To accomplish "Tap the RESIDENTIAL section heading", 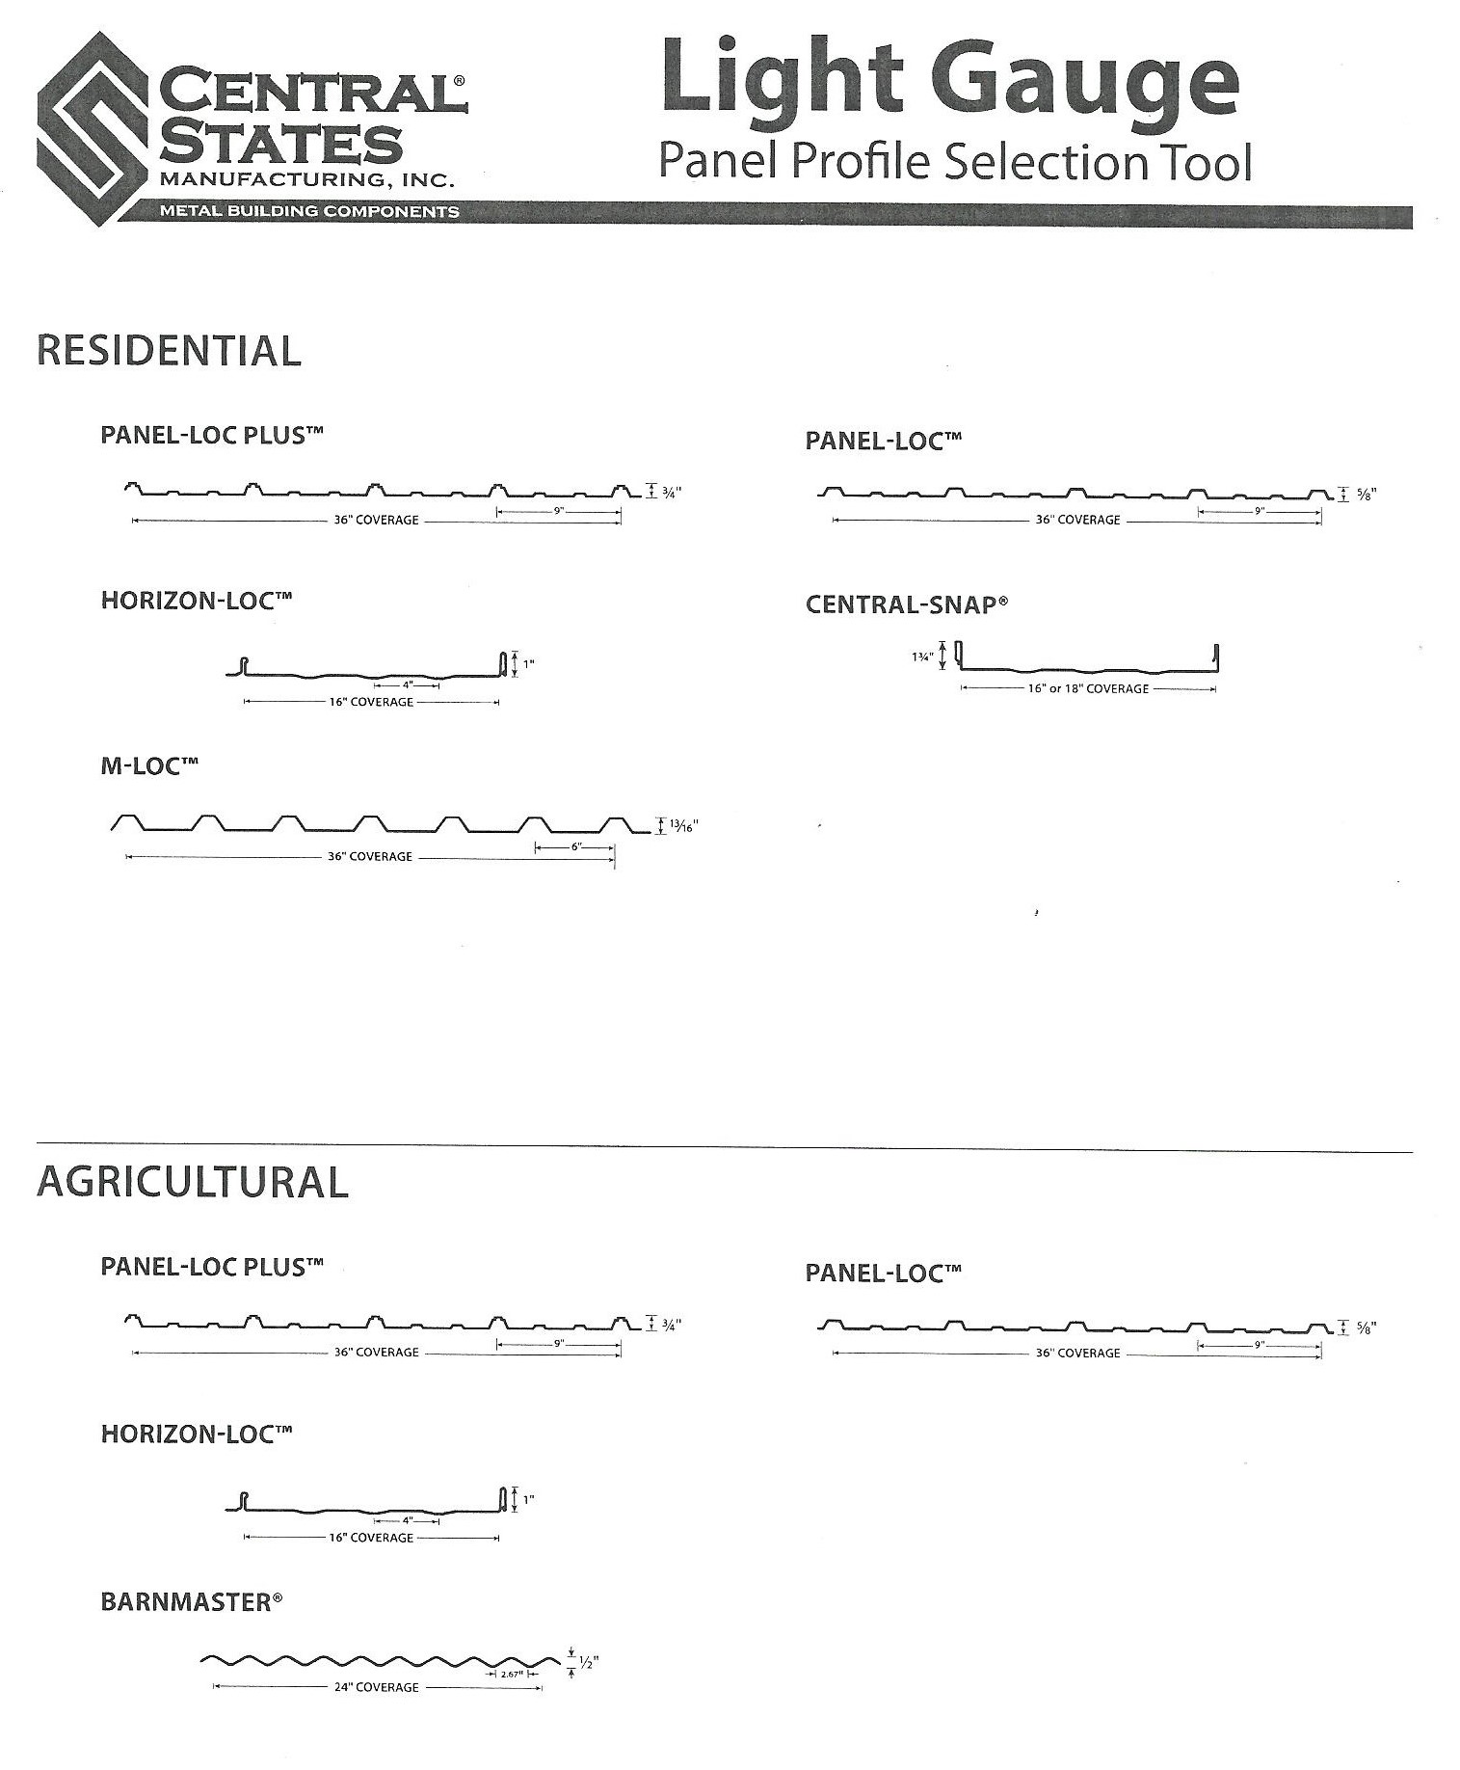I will tap(169, 351).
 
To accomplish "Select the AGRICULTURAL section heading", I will tap(192, 1183).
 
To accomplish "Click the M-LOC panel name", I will tap(149, 767).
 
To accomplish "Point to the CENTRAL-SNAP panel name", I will tap(906, 605).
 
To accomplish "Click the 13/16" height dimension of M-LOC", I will tap(682, 826).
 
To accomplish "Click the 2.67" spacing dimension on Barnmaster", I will tap(511, 1675).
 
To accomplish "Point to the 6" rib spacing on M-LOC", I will tap(575, 846).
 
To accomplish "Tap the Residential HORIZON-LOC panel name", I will tap(196, 601).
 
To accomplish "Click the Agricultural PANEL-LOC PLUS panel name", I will tap(211, 1267).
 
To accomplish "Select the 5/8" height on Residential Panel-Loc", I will tap(1367, 495).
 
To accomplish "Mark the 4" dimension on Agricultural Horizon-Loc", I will tap(407, 1520).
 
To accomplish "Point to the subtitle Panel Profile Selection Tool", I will tap(954, 161).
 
